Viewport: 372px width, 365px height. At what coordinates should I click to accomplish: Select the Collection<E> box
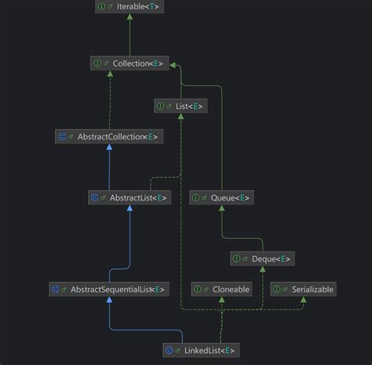pyautogui.click(x=129, y=63)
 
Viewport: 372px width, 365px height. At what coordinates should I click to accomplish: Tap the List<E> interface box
pyautogui.click(x=181, y=106)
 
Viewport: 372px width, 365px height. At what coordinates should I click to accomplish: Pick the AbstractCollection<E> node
pyautogui.click(x=108, y=136)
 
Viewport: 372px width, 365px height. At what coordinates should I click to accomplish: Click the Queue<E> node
pyautogui.click(x=221, y=197)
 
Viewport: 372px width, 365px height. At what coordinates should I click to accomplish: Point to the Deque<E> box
pyautogui.click(x=263, y=258)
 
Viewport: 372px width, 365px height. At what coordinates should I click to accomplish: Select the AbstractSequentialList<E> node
pyautogui.click(x=108, y=289)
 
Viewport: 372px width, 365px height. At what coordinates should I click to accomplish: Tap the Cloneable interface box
pyautogui.click(x=222, y=289)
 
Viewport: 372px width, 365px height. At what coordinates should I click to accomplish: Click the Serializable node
pyautogui.click(x=303, y=289)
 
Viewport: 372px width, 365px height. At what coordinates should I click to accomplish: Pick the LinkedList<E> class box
pyautogui.click(x=200, y=349)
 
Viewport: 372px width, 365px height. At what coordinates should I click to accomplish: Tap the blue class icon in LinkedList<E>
pyautogui.click(x=170, y=349)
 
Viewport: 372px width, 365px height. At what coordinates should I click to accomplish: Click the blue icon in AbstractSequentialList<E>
pyautogui.click(x=55, y=289)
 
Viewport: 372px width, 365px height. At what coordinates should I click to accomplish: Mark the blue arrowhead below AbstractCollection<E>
pyautogui.click(x=108, y=149)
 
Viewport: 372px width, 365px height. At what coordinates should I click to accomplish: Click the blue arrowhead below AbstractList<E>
pyautogui.click(x=129, y=210)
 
